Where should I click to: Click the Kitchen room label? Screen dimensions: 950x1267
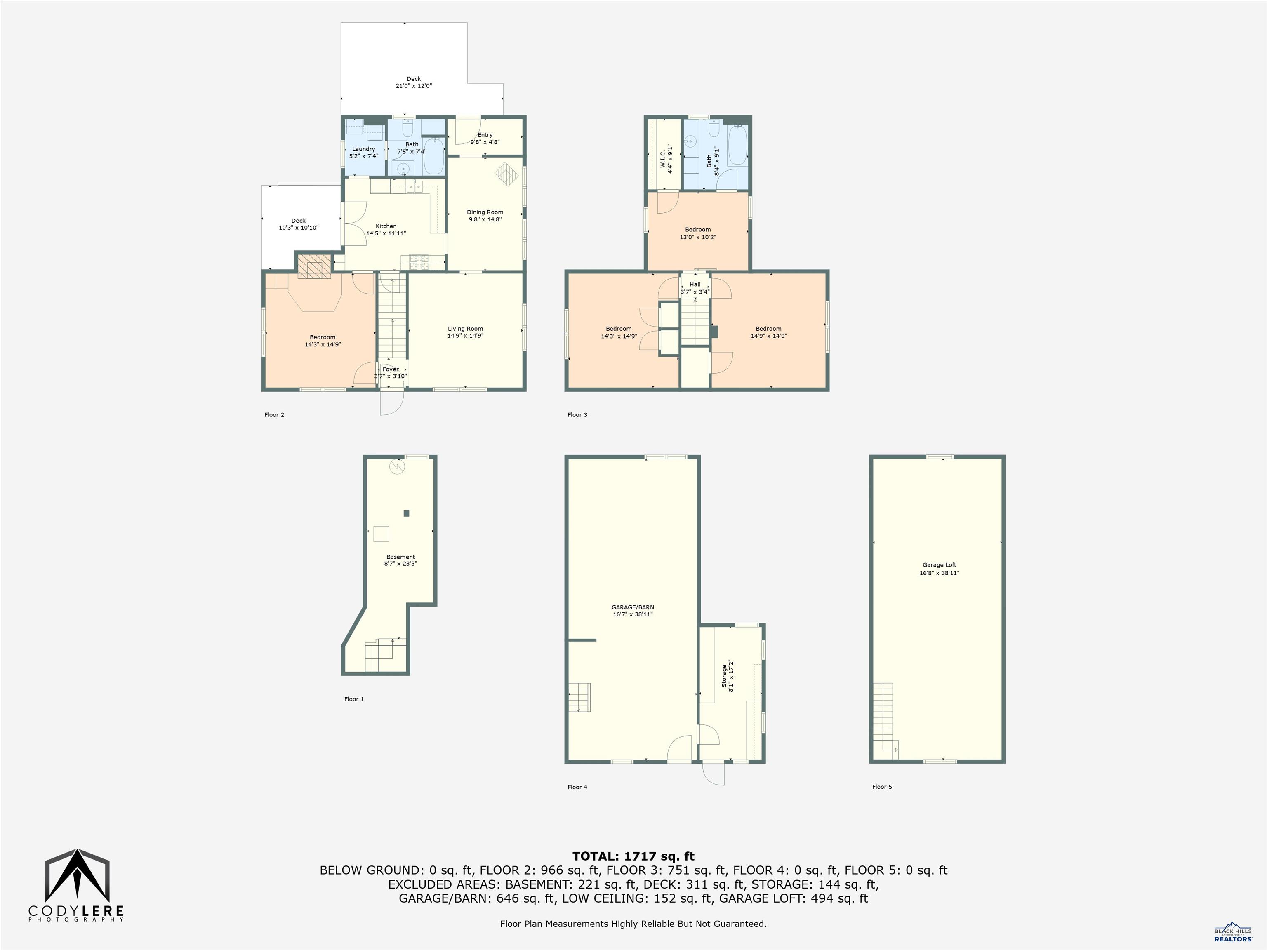(x=386, y=226)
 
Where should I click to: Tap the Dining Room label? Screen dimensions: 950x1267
(x=485, y=212)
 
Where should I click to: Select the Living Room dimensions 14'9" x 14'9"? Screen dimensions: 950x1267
(x=465, y=336)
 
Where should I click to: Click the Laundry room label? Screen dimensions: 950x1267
(x=364, y=149)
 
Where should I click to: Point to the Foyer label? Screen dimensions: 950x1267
(x=390, y=370)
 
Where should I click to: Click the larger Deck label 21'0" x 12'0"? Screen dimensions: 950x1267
(x=414, y=82)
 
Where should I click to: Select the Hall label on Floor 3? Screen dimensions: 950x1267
(x=695, y=285)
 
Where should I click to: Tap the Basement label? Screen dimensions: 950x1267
(x=400, y=557)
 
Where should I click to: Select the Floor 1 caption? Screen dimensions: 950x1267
(x=353, y=699)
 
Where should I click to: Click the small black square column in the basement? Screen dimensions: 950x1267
(x=406, y=514)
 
